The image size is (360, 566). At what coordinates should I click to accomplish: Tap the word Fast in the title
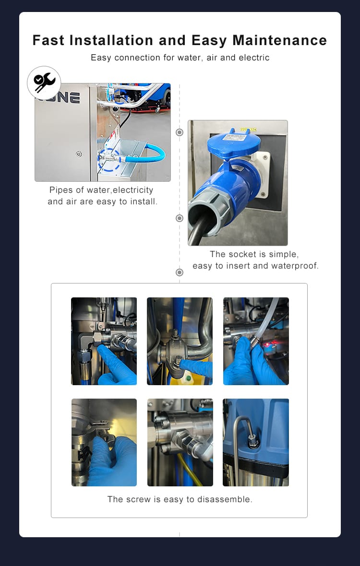click(x=48, y=40)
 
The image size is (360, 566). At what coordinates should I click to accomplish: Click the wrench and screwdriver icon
click(x=44, y=83)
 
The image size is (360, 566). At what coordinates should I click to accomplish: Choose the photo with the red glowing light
click(x=256, y=341)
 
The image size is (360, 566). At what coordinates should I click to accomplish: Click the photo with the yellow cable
click(x=180, y=442)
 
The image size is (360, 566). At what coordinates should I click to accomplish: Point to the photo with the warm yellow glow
click(x=104, y=442)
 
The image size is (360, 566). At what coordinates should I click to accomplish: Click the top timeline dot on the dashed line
click(x=180, y=132)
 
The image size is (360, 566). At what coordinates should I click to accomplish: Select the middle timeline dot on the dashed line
click(x=180, y=218)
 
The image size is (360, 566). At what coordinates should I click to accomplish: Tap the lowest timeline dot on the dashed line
click(x=180, y=272)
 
